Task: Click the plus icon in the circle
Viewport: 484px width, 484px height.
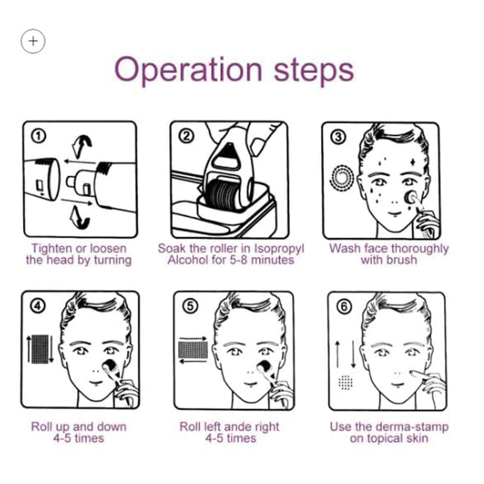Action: (x=33, y=41)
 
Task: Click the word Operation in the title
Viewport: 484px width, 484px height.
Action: (x=188, y=70)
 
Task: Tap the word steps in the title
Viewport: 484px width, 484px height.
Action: (x=313, y=71)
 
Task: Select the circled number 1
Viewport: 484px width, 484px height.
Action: (x=39, y=136)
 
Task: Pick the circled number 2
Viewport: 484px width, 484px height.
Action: (x=186, y=136)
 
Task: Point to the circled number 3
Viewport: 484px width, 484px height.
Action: (x=338, y=137)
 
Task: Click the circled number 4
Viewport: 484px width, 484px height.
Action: (x=38, y=306)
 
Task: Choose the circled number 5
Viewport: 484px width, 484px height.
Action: (x=190, y=306)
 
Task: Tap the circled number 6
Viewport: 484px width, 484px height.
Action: (x=344, y=307)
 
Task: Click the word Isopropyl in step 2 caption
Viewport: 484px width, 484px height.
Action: (x=279, y=249)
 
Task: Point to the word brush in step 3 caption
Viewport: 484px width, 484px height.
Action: (x=401, y=260)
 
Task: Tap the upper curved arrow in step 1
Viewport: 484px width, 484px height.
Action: (x=82, y=146)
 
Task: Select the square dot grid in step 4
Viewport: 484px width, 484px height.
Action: (x=41, y=349)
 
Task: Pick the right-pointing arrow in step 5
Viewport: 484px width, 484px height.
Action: (x=192, y=339)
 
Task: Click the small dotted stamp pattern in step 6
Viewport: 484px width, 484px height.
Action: (x=345, y=382)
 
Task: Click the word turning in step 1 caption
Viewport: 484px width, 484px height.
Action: (x=113, y=261)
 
